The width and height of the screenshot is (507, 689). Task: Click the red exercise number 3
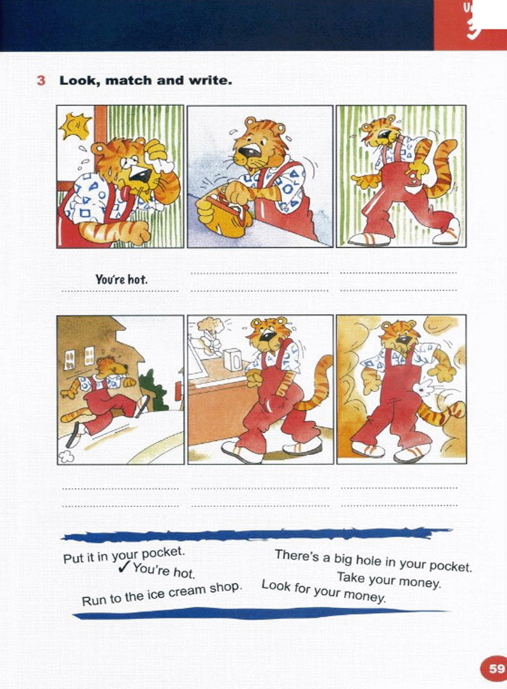(x=41, y=81)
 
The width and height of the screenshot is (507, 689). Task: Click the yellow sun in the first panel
(x=75, y=125)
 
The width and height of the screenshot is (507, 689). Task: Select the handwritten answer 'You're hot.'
(x=121, y=280)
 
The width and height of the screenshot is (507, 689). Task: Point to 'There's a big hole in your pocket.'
(x=373, y=561)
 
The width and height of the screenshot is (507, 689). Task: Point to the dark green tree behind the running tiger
(x=153, y=390)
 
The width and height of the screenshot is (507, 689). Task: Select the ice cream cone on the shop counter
(x=210, y=332)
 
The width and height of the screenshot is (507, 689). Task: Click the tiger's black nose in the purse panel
(x=248, y=151)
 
